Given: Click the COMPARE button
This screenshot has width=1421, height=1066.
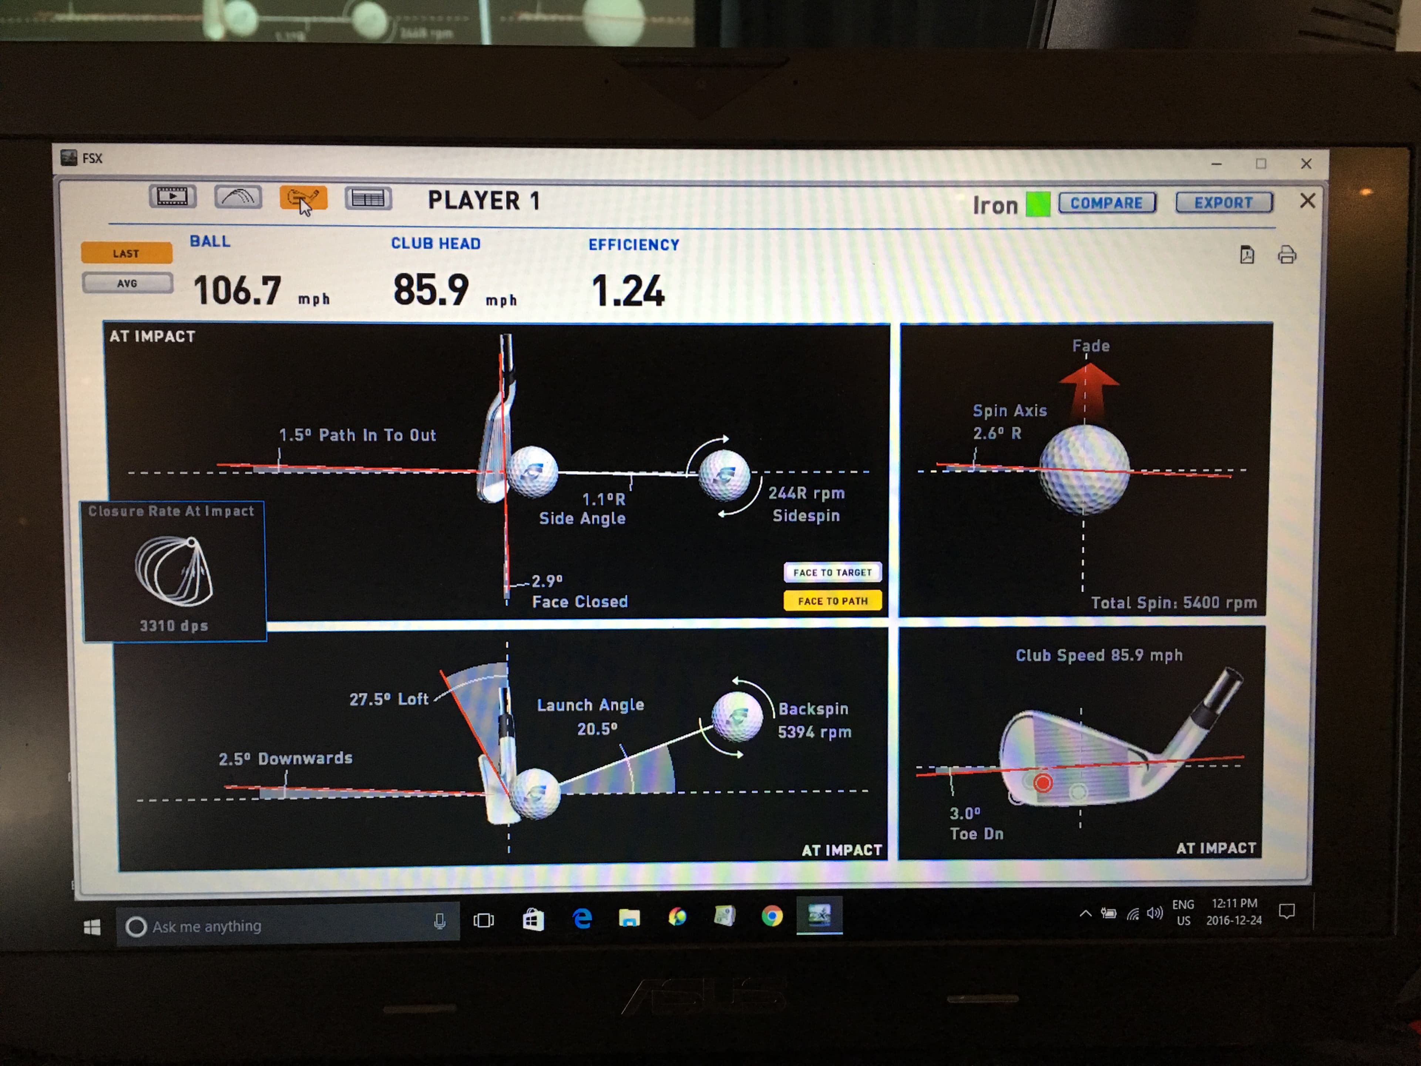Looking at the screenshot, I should [1106, 203].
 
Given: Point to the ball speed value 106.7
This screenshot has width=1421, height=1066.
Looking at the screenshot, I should [237, 291].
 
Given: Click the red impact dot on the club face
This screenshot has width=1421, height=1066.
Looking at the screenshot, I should [1043, 782].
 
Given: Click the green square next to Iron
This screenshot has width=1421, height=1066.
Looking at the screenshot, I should [1038, 204].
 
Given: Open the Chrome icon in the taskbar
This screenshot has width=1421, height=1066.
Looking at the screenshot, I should [772, 916].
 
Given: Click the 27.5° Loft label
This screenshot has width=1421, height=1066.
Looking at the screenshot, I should [388, 699].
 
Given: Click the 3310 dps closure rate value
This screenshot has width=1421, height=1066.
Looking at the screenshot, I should [174, 625].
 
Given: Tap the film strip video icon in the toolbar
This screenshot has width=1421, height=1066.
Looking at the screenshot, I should [172, 197].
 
